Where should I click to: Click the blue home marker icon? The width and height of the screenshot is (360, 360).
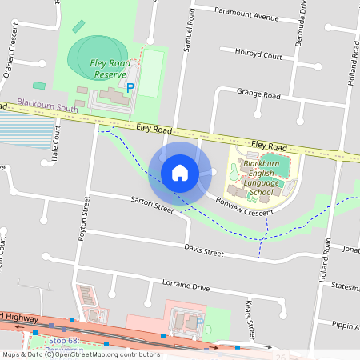(x=180, y=172)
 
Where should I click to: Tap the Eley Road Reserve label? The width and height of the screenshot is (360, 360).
(x=110, y=69)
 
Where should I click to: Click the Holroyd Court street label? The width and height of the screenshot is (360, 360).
(x=258, y=57)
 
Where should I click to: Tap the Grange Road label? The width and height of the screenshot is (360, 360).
(x=258, y=94)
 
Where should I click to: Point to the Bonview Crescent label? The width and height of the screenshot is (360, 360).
(x=246, y=207)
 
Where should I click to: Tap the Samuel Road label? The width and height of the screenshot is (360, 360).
(x=189, y=32)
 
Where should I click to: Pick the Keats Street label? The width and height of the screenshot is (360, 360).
(x=250, y=318)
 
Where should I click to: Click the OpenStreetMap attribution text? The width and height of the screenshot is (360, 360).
(x=81, y=354)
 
